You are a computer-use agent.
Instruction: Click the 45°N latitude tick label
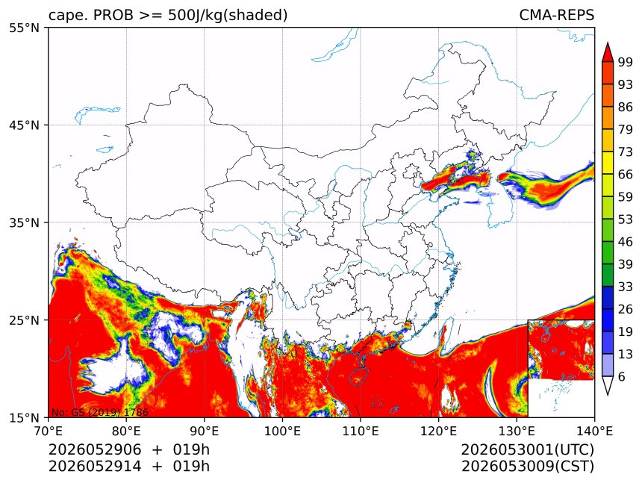coord(24,125)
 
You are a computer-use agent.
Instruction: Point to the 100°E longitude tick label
coord(282,431)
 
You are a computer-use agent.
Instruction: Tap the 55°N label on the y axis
coord(24,28)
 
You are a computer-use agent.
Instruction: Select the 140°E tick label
coord(594,431)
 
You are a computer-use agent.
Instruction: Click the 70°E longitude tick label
coord(49,431)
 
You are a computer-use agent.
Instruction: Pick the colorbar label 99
coord(626,62)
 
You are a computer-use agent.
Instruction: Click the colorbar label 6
coord(622,376)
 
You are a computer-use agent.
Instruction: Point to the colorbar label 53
coord(626,219)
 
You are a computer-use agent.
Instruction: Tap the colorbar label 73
coord(626,152)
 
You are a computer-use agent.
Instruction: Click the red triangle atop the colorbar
coord(607,53)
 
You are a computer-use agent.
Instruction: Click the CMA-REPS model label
coord(556,15)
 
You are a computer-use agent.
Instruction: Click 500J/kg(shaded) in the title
coord(228,16)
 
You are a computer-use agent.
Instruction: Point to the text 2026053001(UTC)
coord(528,449)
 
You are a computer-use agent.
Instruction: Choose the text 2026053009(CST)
coord(528,467)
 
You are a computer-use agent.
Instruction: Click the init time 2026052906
coord(95,449)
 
